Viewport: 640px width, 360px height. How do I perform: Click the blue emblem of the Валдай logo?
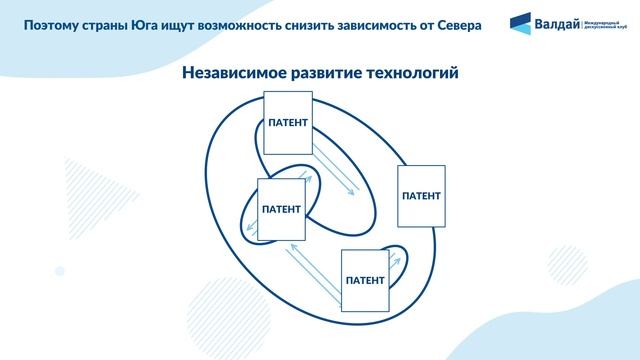[x=521, y=22]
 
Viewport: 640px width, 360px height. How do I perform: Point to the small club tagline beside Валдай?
[x=606, y=22]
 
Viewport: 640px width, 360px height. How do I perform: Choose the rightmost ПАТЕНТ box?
[x=420, y=192]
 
